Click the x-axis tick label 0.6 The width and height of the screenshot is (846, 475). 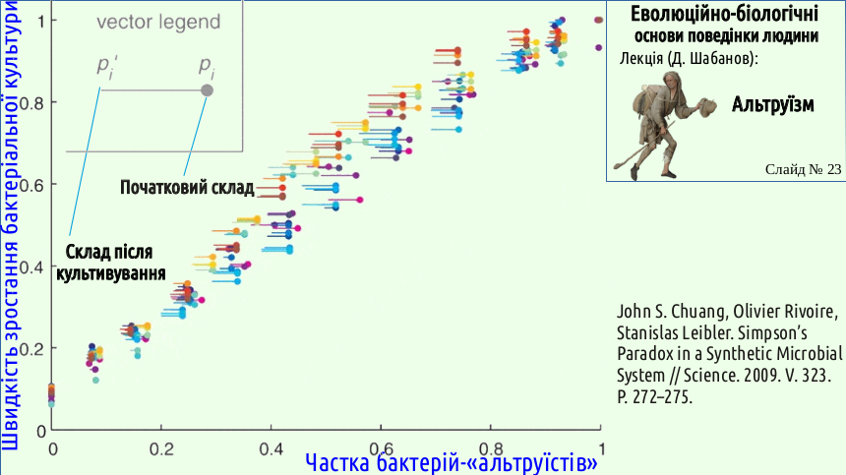(x=381, y=449)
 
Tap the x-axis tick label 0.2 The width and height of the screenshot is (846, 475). (x=161, y=449)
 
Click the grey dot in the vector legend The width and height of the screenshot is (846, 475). (x=208, y=90)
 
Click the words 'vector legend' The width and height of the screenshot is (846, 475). (x=158, y=22)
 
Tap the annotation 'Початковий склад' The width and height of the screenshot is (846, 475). (x=187, y=187)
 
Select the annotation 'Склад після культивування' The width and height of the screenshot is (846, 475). (x=110, y=263)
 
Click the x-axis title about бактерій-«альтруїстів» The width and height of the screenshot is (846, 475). (x=452, y=462)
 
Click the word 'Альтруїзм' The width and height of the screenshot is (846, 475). (x=772, y=104)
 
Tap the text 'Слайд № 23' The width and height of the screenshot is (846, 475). (x=803, y=169)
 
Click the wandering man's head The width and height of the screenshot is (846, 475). (x=673, y=81)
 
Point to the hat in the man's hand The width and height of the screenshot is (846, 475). (x=706, y=105)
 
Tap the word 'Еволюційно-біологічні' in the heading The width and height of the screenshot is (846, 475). (x=724, y=14)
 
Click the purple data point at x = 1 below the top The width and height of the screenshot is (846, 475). (x=598, y=48)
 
